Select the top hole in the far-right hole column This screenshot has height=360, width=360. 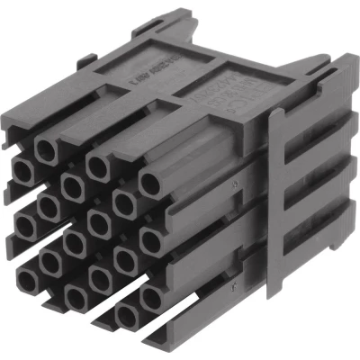click(151, 184)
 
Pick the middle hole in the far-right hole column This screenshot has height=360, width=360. click(151, 239)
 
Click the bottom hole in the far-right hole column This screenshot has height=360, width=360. click(151, 295)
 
